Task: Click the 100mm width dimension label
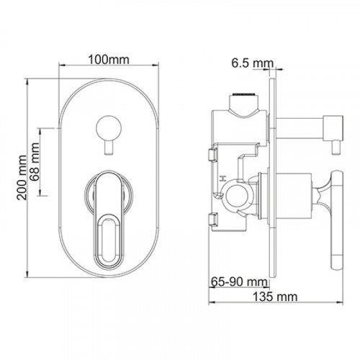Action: pos(109,60)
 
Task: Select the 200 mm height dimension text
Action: pos(22,178)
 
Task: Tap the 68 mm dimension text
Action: pos(35,162)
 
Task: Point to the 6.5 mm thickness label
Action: pos(253,63)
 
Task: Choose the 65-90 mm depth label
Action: pos(239,282)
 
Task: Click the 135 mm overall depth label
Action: pos(275,297)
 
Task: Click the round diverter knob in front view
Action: pos(109,127)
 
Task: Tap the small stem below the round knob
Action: pos(109,148)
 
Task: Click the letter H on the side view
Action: pos(223,179)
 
